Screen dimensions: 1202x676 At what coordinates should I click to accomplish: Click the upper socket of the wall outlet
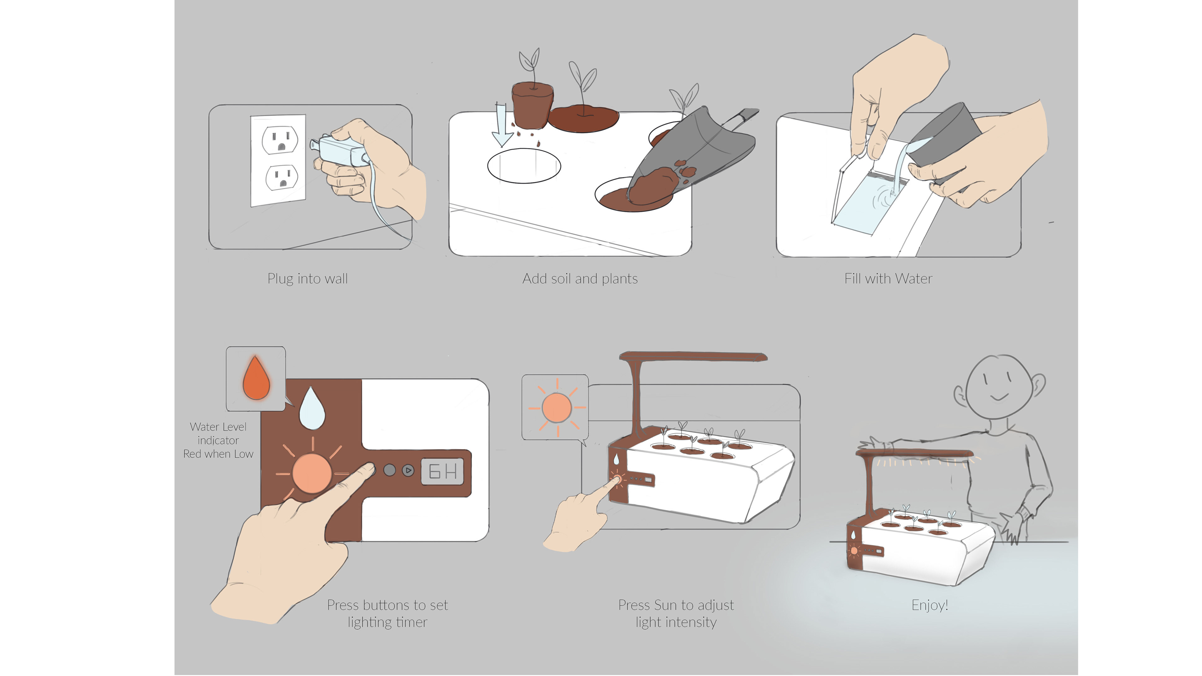pos(280,140)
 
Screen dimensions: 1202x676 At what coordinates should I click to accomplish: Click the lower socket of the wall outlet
pos(282,177)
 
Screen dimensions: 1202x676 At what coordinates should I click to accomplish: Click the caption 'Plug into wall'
pos(307,279)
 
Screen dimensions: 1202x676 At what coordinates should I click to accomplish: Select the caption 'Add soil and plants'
pos(579,279)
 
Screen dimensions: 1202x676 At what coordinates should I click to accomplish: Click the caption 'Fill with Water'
pos(888,279)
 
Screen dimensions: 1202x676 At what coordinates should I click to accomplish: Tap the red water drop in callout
pos(256,378)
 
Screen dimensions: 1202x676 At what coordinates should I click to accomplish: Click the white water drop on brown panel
pos(312,408)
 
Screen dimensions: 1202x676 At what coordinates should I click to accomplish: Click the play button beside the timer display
pos(408,470)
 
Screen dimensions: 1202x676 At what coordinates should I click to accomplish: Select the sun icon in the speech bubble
pos(556,407)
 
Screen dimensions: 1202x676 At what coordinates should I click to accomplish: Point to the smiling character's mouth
pos(999,397)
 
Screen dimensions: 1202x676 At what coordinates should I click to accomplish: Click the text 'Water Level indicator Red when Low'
pos(218,440)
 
